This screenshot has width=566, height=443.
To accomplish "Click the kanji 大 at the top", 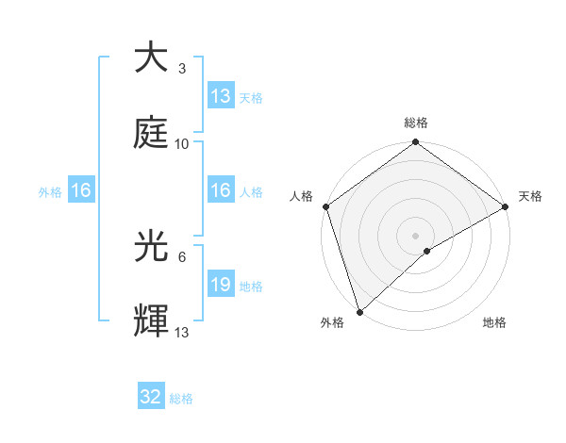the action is pyautogui.click(x=151, y=57).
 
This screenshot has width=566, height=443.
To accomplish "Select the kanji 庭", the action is pyautogui.click(x=151, y=133).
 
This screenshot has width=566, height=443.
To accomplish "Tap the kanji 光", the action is pyautogui.click(x=151, y=247).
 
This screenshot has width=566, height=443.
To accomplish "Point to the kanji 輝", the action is pyautogui.click(x=151, y=322).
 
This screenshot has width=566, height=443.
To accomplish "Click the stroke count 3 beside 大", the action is pyautogui.click(x=181, y=69).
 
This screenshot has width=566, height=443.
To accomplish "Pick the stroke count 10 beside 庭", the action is pyautogui.click(x=182, y=144).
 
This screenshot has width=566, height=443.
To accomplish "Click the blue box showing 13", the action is pyautogui.click(x=221, y=95).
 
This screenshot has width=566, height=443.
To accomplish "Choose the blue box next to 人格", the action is pyautogui.click(x=221, y=191).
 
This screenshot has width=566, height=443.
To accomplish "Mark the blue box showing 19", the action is pyautogui.click(x=221, y=286).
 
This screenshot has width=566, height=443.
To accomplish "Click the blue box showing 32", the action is pyautogui.click(x=151, y=398).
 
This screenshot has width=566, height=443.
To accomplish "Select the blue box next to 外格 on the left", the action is pyautogui.click(x=81, y=191).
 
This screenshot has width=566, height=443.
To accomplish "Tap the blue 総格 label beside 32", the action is pyautogui.click(x=181, y=399).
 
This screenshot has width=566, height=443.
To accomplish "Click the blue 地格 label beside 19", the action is pyautogui.click(x=251, y=287).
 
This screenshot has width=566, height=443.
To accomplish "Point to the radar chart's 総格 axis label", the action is pyautogui.click(x=416, y=123).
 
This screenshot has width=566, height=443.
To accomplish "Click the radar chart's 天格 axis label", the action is pyautogui.click(x=530, y=196).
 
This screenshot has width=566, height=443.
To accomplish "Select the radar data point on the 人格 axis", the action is pyautogui.click(x=325, y=206).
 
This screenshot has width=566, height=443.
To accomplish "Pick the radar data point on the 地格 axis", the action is pyautogui.click(x=427, y=251).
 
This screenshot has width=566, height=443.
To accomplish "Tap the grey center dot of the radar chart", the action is pyautogui.click(x=416, y=235).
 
